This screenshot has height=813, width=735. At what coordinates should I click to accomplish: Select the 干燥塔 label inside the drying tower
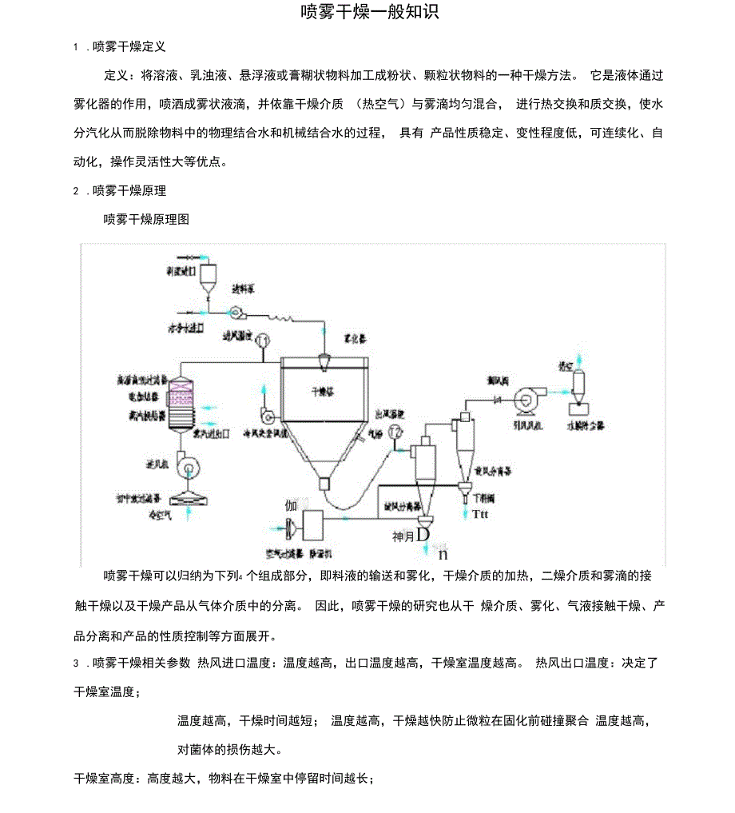pos(321,393)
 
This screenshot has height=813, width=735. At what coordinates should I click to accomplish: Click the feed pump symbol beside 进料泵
pos(236,312)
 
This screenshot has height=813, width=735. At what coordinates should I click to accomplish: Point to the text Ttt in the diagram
pos(479,514)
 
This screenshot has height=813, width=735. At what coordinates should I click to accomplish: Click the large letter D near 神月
pos(423,534)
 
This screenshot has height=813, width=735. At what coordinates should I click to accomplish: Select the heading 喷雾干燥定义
pos(129,47)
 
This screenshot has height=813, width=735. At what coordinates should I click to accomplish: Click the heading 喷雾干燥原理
pos(129,190)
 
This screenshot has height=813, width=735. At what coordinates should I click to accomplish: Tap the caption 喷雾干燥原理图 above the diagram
pos(146,218)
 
